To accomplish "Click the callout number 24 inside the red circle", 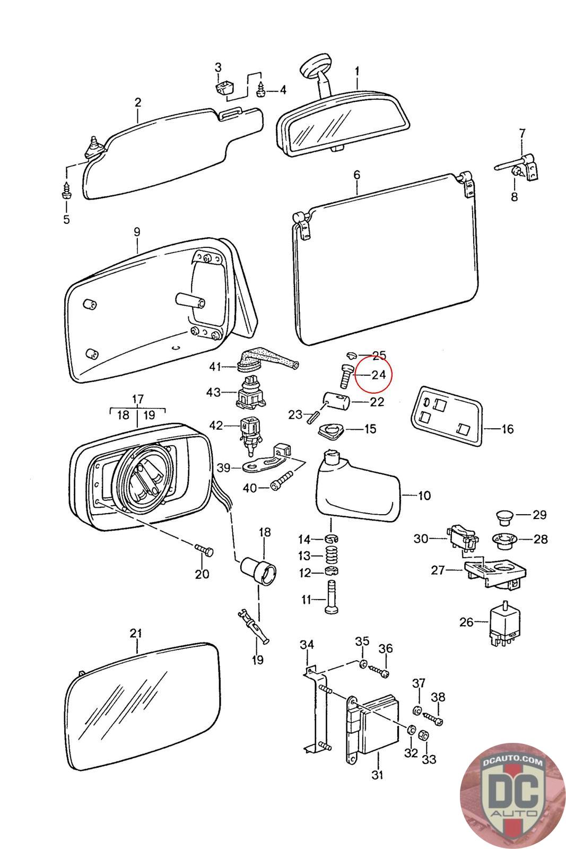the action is tap(378, 375).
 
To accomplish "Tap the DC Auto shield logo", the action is tap(512, 796).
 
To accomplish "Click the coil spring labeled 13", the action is tap(332, 556).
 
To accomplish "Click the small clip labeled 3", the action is tap(224, 89).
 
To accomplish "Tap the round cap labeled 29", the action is tap(504, 517).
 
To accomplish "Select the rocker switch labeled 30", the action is tap(463, 539).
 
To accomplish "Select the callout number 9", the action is tap(137, 232).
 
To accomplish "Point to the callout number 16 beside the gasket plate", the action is tap(507, 429).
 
